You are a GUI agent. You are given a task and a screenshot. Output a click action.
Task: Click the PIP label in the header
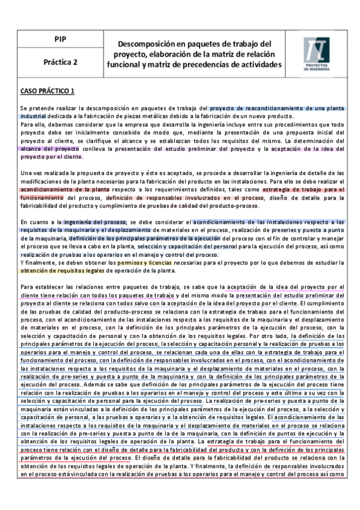coord(60,39)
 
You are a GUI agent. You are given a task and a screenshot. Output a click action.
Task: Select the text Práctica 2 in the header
coord(60,61)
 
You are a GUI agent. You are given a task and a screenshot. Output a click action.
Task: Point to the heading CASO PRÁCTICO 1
coord(47,91)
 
